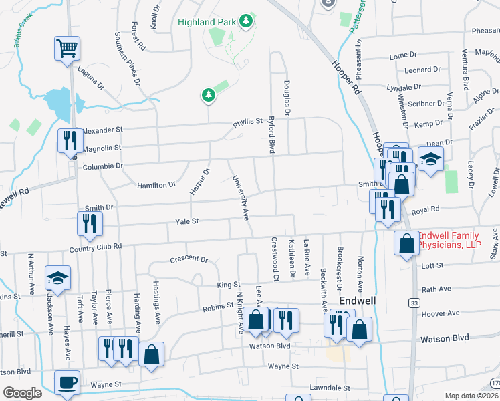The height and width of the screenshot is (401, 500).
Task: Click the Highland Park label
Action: click(207, 22)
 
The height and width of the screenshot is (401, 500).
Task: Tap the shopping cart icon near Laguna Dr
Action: click(67, 48)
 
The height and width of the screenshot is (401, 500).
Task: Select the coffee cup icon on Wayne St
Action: click(67, 383)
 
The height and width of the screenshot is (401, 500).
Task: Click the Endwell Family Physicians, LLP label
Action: click(459, 241)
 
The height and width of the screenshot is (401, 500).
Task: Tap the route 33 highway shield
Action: click(415, 303)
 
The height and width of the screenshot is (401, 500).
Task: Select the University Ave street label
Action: click(240, 198)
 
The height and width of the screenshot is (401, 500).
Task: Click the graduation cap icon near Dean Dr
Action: click(431, 159)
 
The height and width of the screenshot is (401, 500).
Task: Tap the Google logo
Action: click(22, 393)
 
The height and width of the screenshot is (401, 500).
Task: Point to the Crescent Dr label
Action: click(189, 259)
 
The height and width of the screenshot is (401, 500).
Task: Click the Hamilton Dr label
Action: click(156, 184)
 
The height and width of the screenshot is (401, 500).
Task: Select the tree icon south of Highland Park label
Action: click(209, 95)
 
